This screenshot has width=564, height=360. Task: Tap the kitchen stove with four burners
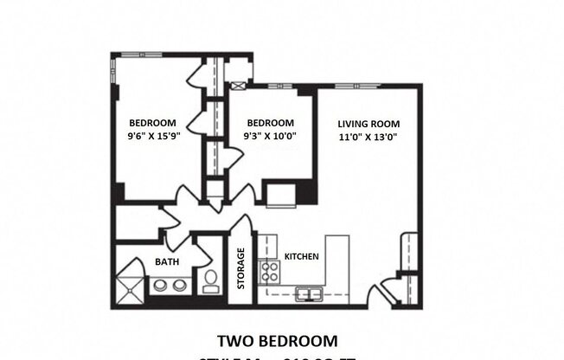(x=270, y=273)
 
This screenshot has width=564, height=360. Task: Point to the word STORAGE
(x=241, y=269)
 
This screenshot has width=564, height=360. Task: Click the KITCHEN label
(x=302, y=257)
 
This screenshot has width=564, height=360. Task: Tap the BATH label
(x=167, y=261)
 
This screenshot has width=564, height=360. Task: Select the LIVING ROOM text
(x=368, y=122)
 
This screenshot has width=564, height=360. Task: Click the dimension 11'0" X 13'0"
(x=368, y=136)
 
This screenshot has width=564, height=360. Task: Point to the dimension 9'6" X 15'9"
(x=153, y=136)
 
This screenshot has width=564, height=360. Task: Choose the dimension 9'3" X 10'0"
(x=270, y=136)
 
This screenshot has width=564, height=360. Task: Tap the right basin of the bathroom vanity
(x=179, y=286)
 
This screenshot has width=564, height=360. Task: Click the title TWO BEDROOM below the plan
(x=277, y=340)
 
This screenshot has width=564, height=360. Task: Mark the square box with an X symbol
(x=240, y=86)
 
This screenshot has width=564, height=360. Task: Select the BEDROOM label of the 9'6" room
(x=153, y=122)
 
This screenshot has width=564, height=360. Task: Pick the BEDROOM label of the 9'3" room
(x=270, y=122)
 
